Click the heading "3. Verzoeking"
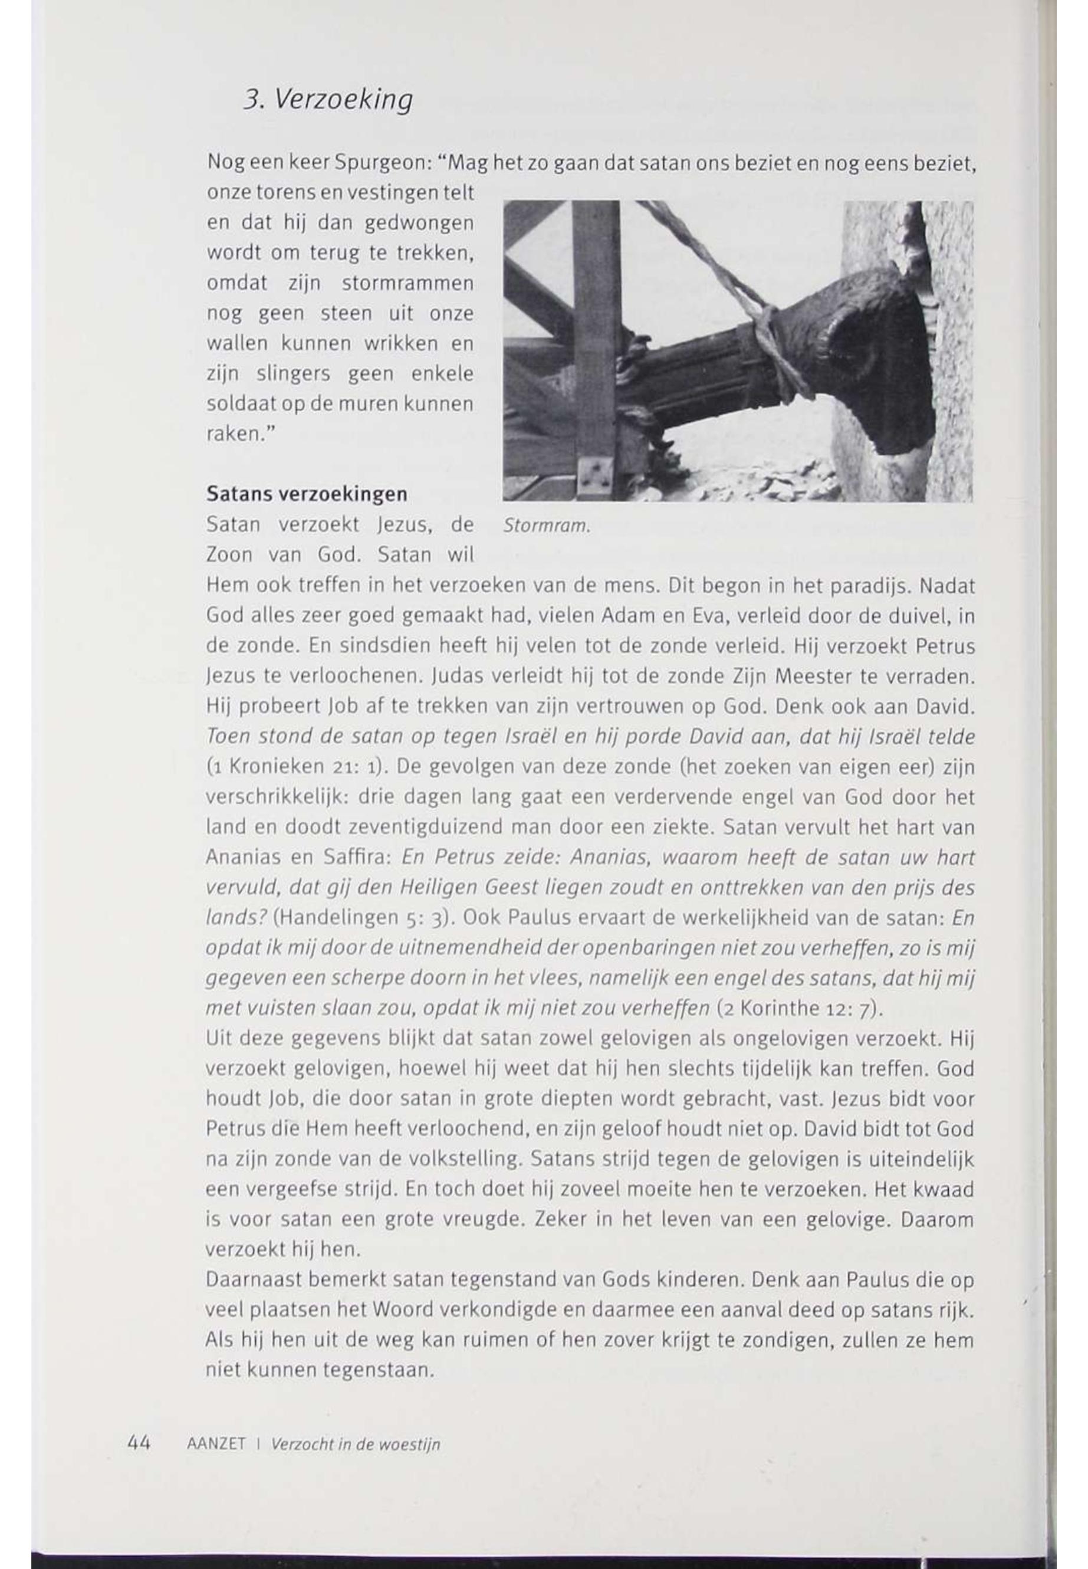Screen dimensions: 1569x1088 tap(327, 100)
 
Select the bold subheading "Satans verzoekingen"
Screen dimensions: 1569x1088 tap(307, 494)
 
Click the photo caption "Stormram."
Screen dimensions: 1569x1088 tap(545, 526)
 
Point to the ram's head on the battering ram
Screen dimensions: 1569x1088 tap(879, 354)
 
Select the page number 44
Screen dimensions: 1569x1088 tap(139, 1443)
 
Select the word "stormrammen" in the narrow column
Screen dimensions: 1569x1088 tap(407, 283)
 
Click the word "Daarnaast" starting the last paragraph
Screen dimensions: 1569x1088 tap(252, 1280)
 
